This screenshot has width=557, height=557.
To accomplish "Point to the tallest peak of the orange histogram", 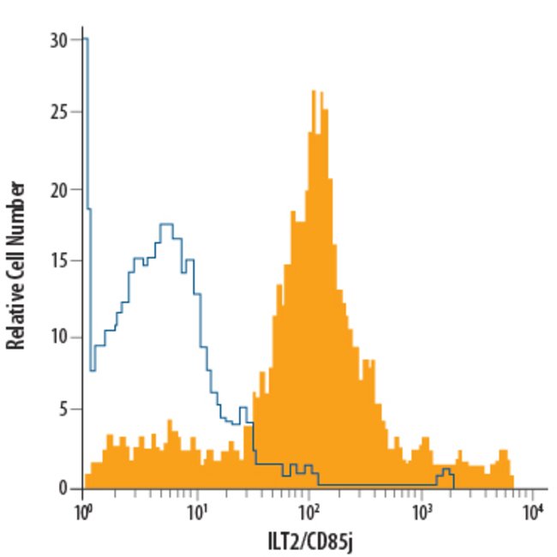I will click(314, 91).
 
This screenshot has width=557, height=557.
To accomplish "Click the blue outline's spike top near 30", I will click(86, 39).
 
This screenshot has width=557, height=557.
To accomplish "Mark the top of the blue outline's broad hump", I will click(166, 225).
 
